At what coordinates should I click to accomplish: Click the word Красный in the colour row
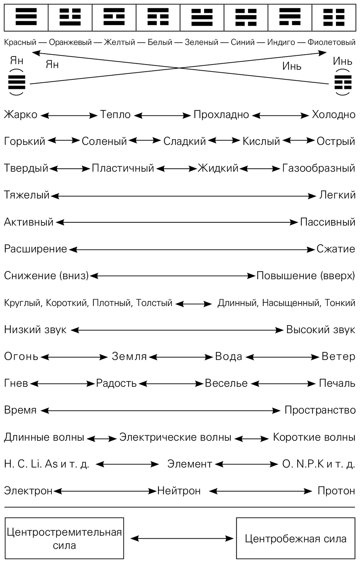pos(20,42)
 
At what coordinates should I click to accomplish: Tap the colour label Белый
pos(160,42)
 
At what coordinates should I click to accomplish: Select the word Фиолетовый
pos(331,42)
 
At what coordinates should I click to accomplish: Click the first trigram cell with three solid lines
pos(26,17)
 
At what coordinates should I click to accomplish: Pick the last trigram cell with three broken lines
pos(334,17)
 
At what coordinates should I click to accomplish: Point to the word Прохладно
pos(221,115)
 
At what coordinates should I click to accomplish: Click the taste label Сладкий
pos(184,141)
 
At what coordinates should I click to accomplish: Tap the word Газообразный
pos(318,168)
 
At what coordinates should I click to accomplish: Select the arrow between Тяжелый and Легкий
pos(184,196)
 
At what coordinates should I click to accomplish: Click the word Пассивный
pos(328,222)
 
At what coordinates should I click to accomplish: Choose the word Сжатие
pos(336,249)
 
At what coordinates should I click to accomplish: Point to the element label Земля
pos(129,357)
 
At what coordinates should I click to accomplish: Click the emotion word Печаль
pos(337,383)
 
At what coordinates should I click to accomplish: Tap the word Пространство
pos(320,410)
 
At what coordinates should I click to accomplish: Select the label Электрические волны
pos(175,437)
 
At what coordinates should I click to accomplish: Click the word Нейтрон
pos(179,491)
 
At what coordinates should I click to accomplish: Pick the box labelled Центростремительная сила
pos(64,538)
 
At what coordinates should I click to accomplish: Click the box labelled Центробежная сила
pos(295,539)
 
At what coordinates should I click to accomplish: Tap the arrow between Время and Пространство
pos(161,411)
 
